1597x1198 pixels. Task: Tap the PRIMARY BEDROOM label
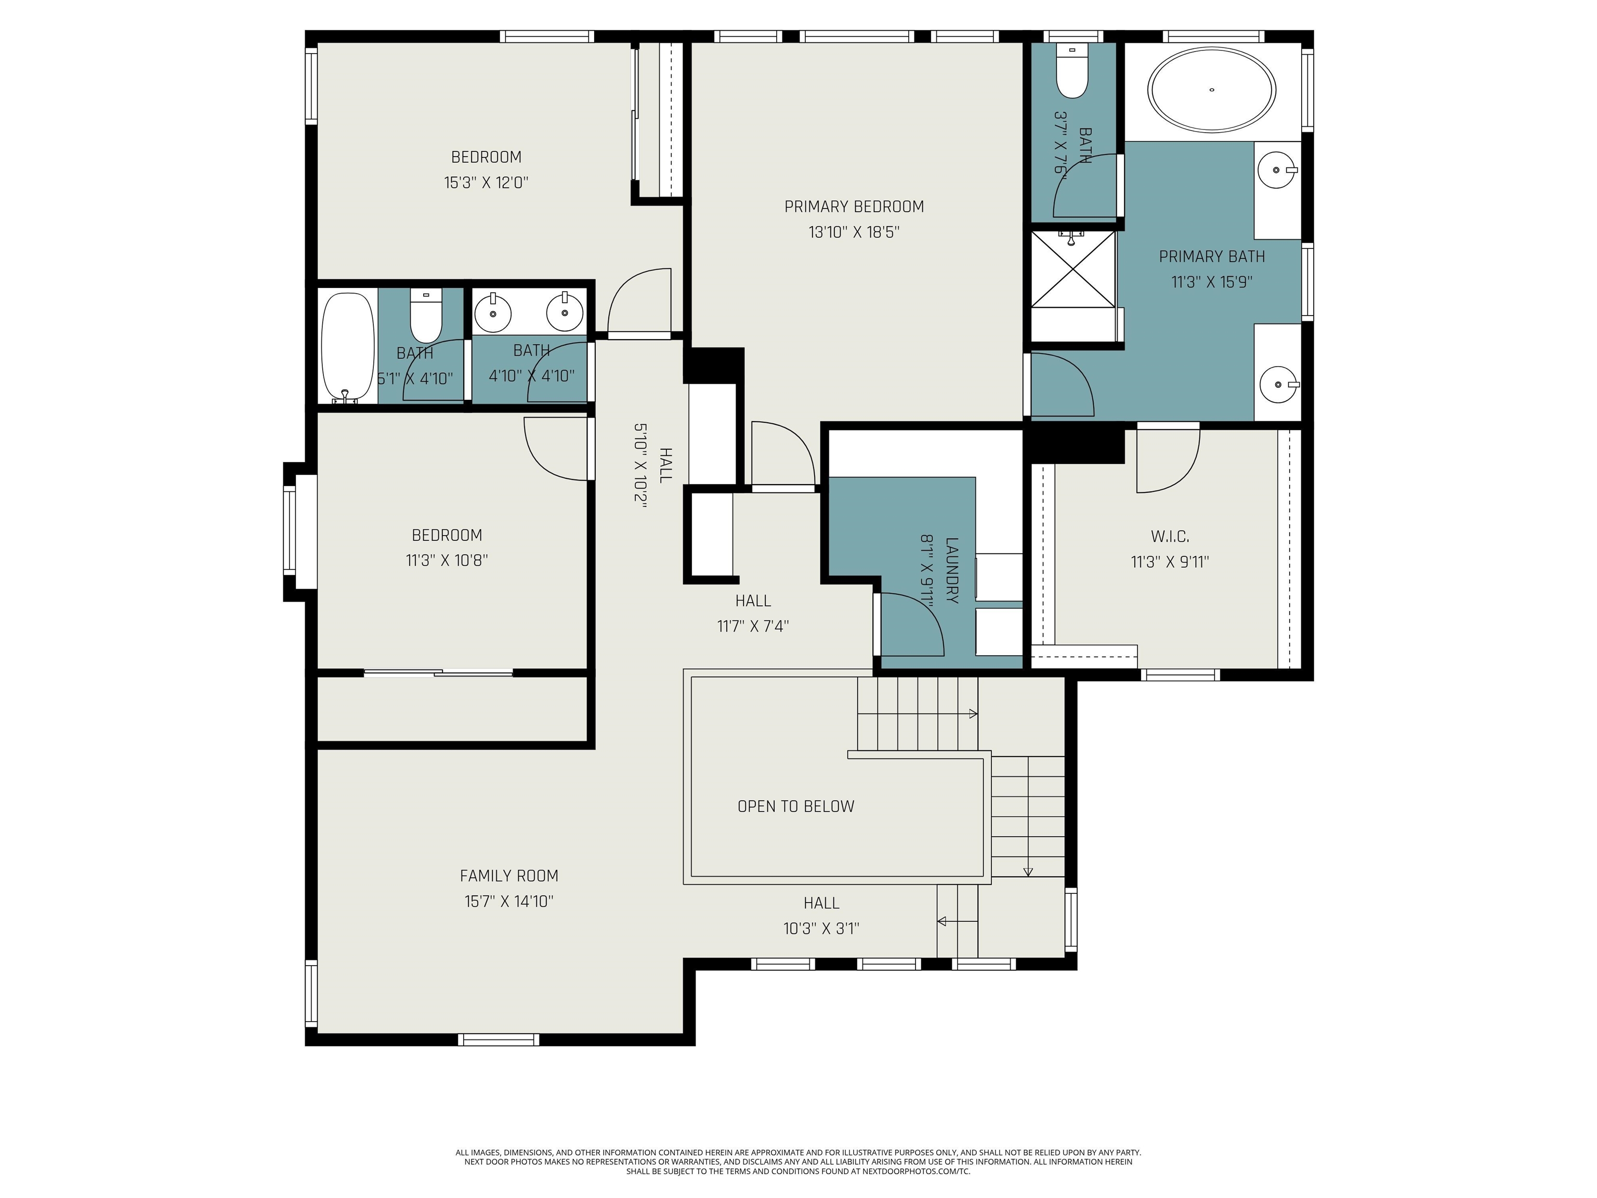point(854,206)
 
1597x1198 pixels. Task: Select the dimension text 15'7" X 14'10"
point(509,901)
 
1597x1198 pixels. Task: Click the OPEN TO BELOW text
point(795,806)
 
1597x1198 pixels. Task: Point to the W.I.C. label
point(1170,537)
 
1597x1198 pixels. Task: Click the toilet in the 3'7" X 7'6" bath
point(1072,72)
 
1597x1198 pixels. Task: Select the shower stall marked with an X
point(1074,269)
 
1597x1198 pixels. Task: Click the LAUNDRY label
point(951,570)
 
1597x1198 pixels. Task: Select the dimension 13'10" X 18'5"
point(854,232)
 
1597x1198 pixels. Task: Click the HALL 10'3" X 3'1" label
point(821,903)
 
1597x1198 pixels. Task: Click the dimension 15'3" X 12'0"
point(486,183)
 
